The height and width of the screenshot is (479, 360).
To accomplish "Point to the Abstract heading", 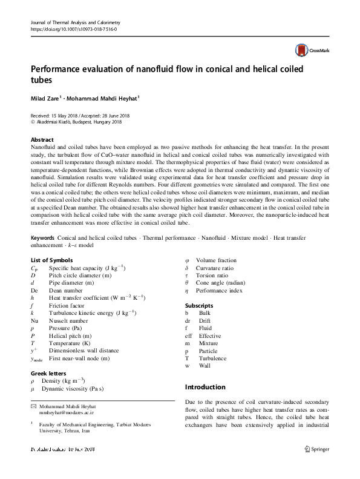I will tap(42, 139).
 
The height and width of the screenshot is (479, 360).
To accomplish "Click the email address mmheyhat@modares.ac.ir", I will tap(67, 412).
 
